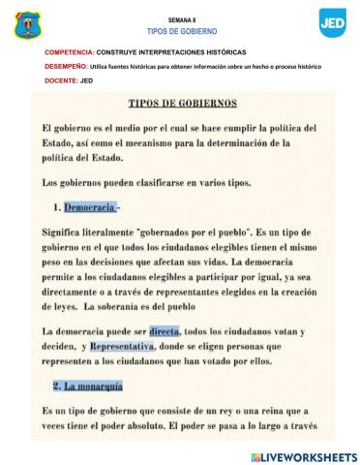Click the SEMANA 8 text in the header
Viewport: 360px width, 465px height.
coord(181,19)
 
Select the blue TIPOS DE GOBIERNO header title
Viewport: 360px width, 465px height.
coord(181,31)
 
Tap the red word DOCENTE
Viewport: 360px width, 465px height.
coord(60,80)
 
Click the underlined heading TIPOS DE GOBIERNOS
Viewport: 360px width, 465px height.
coord(183,104)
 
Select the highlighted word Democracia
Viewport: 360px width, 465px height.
coord(90,207)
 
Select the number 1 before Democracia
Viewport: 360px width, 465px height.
coord(56,207)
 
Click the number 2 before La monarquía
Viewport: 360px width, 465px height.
coord(56,386)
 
